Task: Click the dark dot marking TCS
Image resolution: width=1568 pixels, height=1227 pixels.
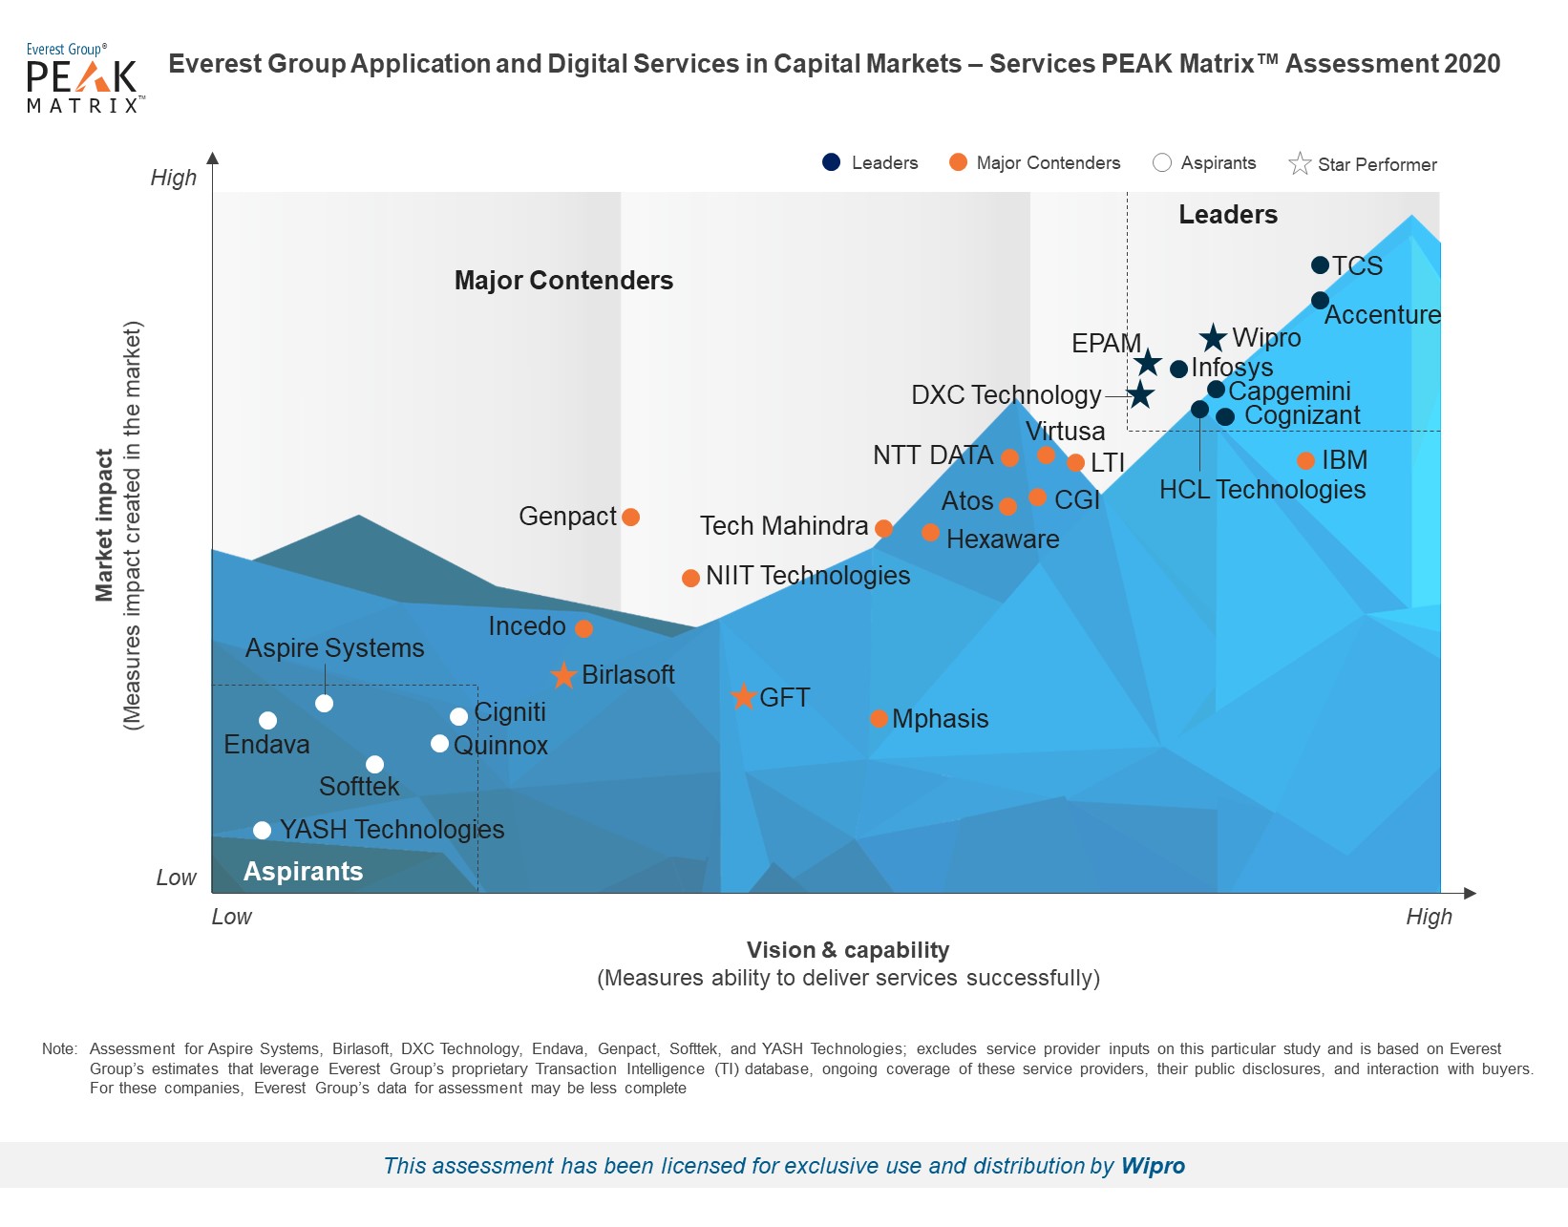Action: click(1320, 265)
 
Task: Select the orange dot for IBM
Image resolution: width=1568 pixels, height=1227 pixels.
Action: click(1305, 461)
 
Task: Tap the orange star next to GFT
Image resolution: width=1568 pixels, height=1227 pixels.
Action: click(743, 696)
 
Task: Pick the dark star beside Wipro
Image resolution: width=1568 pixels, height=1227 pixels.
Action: click(1213, 338)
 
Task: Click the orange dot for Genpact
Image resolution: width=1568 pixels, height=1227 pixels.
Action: click(630, 517)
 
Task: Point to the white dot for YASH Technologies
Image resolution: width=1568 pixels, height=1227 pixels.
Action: click(262, 831)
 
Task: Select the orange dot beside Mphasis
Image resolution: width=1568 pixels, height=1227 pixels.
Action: click(879, 719)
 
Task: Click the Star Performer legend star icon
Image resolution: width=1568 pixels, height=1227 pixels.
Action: click(1300, 163)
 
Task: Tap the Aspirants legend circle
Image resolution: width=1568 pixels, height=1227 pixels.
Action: click(1162, 162)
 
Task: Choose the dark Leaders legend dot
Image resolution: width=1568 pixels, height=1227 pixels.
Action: click(831, 162)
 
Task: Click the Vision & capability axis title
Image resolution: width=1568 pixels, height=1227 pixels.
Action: click(848, 950)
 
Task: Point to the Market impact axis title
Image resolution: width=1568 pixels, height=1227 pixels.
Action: click(103, 525)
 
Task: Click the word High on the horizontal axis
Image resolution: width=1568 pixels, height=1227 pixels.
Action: click(1429, 917)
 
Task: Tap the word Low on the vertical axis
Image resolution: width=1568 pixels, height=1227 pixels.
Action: click(176, 878)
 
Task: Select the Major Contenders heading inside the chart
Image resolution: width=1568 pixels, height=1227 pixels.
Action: click(563, 281)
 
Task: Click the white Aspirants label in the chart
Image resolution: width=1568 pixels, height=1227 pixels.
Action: click(303, 871)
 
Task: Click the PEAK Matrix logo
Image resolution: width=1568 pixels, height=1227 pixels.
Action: click(84, 78)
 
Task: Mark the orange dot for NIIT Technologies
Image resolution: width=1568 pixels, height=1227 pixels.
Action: click(690, 579)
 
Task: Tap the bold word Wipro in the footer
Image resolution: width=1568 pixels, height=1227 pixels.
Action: click(1153, 1166)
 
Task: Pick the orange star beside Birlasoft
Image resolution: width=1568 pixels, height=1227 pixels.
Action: click(563, 676)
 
